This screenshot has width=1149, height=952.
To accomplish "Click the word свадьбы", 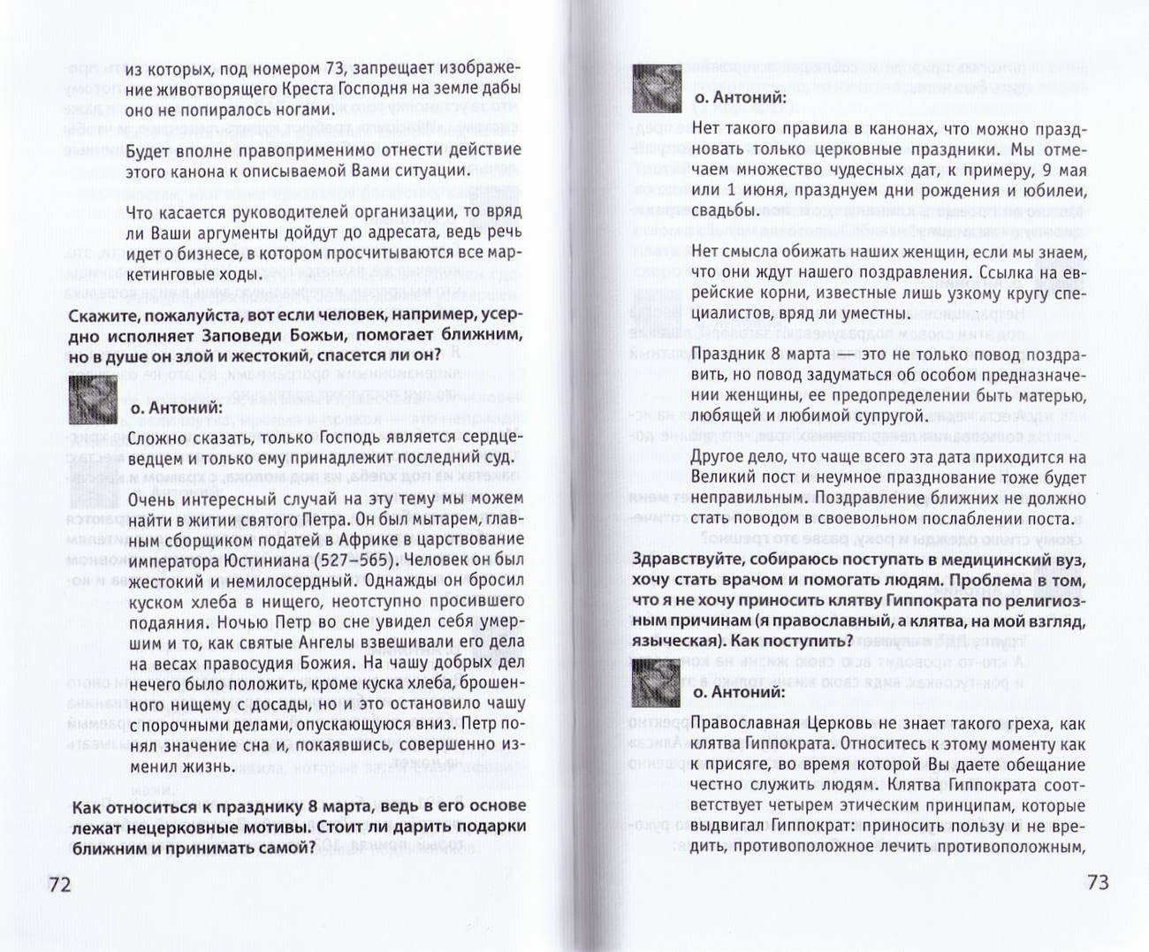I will pyautogui.click(x=725, y=211).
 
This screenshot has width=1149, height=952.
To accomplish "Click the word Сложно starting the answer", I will pyautogui.click(x=156, y=437).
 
